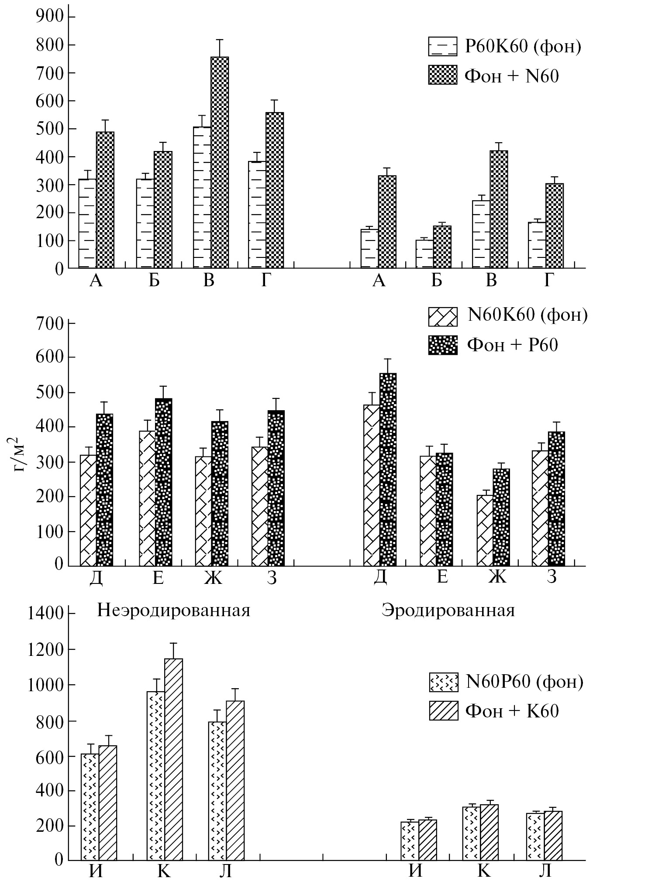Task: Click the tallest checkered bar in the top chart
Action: click(x=219, y=162)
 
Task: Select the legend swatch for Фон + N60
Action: click(x=442, y=75)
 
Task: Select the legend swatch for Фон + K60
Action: click(x=444, y=711)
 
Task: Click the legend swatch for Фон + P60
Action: click(x=443, y=345)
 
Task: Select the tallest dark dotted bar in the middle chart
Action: click(x=388, y=470)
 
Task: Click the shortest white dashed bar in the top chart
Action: click(x=424, y=254)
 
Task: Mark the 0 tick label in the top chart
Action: click(x=59, y=269)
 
